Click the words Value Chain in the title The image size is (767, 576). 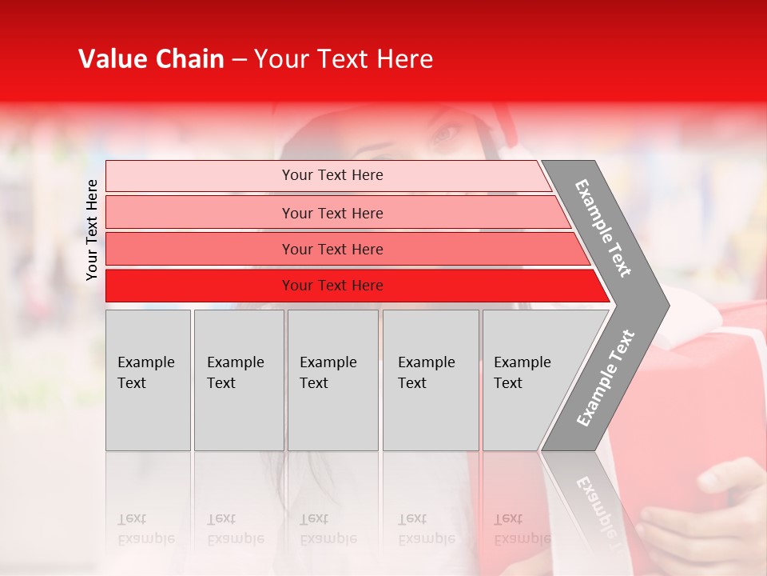point(151,59)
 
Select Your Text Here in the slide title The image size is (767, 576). point(344,59)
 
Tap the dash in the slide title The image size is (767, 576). point(239,60)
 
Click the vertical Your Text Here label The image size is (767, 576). point(92,230)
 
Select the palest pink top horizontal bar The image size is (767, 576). point(332,175)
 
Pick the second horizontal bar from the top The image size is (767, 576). point(332,213)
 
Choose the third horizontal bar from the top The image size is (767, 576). point(332,249)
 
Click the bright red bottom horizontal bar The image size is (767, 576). point(332,286)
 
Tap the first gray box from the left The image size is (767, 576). point(148,380)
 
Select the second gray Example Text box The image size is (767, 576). point(238,380)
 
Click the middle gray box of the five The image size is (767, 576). point(332,380)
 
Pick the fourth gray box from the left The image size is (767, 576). point(430,380)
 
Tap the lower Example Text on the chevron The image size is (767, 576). point(606,378)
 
